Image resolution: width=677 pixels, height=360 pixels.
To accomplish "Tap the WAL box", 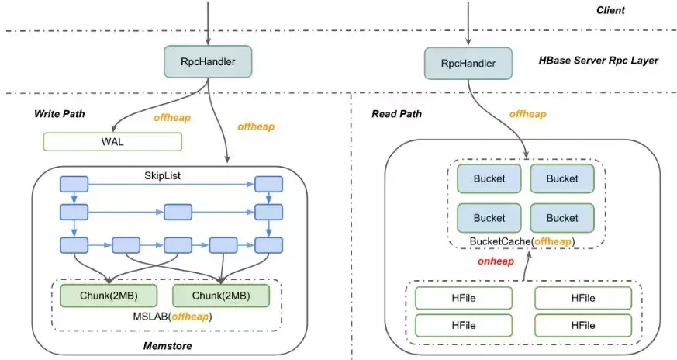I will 112,141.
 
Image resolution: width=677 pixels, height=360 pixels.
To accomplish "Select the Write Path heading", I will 59,114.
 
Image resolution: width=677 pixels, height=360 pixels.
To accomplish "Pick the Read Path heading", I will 397,114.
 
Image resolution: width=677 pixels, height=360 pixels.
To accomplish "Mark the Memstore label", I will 168,344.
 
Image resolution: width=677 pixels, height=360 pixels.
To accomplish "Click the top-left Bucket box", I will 489,178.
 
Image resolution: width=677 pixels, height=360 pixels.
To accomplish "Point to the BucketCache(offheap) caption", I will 523,241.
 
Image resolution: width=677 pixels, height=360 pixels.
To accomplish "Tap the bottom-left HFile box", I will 463,324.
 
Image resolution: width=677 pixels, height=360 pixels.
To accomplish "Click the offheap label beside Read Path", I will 528,114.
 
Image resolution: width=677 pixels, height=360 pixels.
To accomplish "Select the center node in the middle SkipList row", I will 177,211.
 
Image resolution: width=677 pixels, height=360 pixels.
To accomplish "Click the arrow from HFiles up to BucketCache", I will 524,266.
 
